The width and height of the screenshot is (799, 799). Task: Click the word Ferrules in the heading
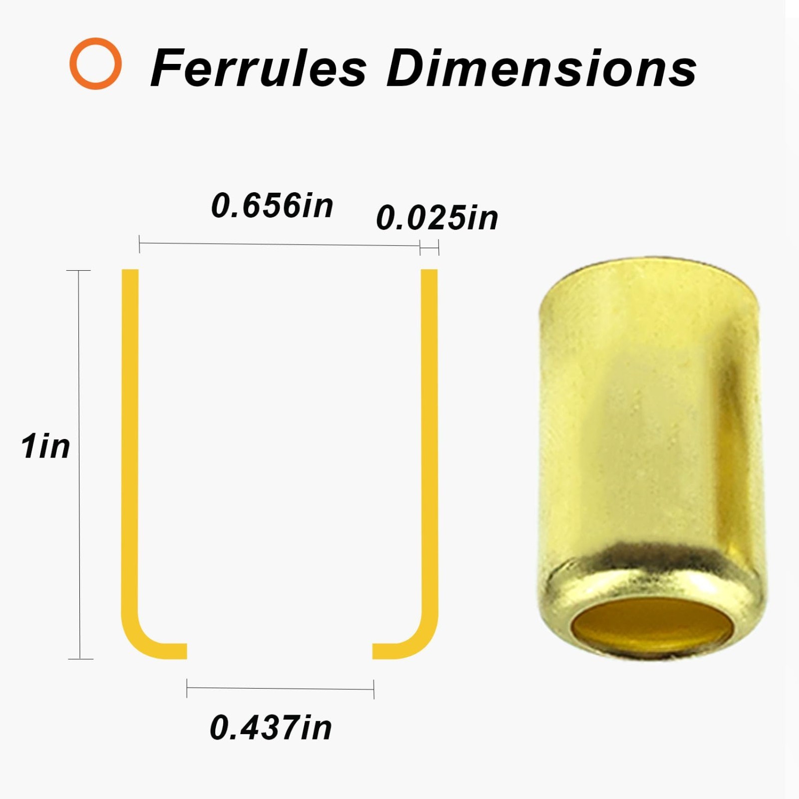click(x=259, y=68)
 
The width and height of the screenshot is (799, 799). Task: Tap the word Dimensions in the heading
click(x=541, y=68)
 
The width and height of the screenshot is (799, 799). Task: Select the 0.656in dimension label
click(x=272, y=205)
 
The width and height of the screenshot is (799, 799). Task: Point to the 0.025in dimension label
click(x=437, y=218)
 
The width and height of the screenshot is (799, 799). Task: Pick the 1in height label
click(x=45, y=446)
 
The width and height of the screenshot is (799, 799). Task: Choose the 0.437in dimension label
click(x=271, y=727)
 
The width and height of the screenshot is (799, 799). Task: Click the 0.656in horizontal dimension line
click(x=279, y=245)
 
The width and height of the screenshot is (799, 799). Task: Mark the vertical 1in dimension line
click(x=79, y=464)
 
